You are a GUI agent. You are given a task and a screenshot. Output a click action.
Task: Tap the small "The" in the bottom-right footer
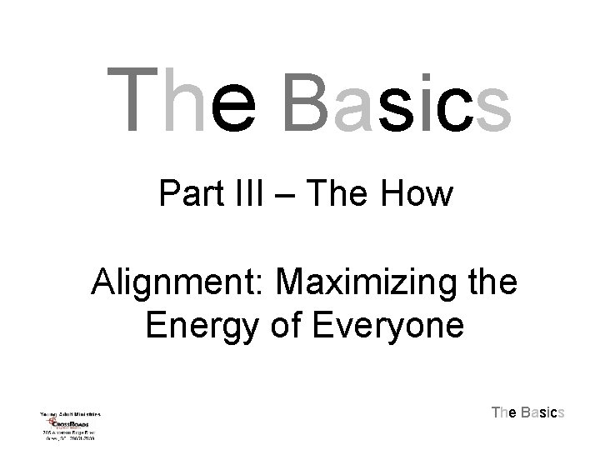tap(504, 412)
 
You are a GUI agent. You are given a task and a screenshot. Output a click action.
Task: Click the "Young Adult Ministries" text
tap(70, 413)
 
